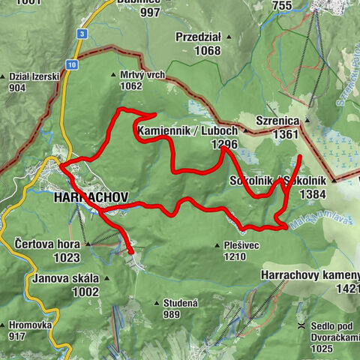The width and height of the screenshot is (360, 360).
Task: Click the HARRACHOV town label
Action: coord(91,198)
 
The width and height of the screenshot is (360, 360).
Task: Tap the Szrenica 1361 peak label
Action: coord(277,127)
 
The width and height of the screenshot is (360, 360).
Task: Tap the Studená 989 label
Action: coord(180,308)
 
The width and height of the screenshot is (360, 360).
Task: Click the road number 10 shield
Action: coord(70,66)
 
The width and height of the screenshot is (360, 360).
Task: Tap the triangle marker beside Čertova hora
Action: coord(88,244)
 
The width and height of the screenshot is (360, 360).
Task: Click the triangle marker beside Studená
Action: coord(156,303)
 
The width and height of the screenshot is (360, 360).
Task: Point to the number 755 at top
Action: coord(282,6)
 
